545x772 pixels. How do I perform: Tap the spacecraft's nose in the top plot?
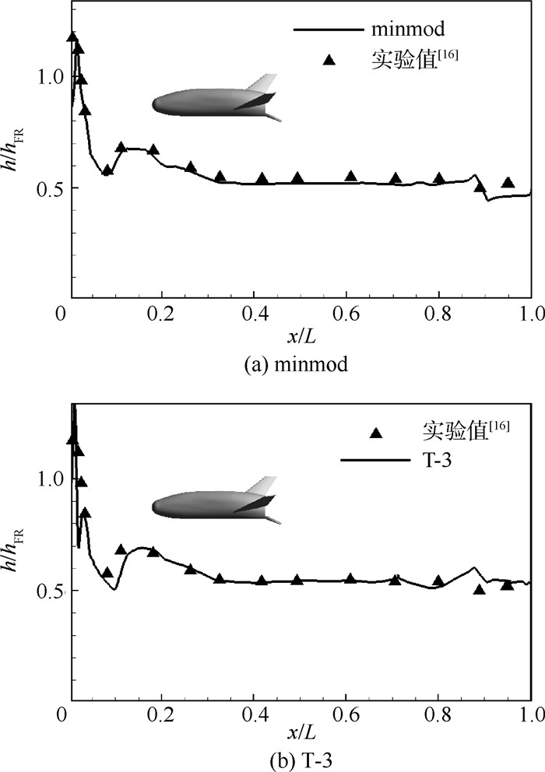coord(155,104)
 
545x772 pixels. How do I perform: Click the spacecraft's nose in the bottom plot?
coord(155,507)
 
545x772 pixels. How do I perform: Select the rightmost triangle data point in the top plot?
coord(508,182)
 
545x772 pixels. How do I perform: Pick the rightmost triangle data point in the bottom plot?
coord(508,584)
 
